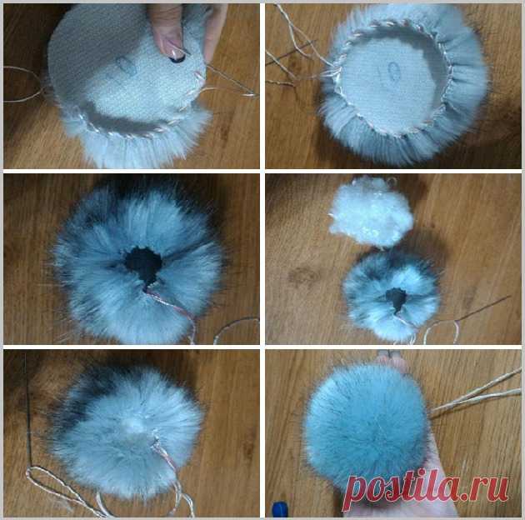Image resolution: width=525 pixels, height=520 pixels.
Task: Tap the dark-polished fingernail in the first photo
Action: (x=177, y=59)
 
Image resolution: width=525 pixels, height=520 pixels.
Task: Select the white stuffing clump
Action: (x=371, y=212)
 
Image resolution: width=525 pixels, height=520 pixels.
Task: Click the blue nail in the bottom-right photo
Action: (x=280, y=510)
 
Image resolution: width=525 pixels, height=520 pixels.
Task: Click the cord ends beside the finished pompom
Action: (x=472, y=395)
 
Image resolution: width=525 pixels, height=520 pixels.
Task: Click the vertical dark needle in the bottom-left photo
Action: (x=28, y=409)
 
